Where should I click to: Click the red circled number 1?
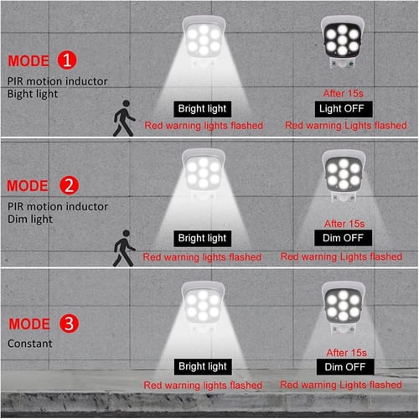66,60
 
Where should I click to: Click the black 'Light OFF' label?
343,109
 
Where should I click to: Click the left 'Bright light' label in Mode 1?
202,109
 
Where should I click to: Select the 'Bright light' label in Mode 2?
202,239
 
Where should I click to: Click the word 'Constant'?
30,344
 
